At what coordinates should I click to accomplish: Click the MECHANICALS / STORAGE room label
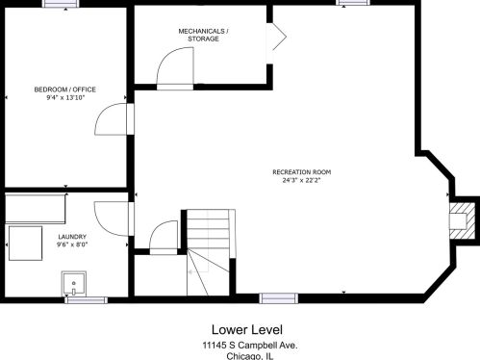pyautogui.click(x=203, y=35)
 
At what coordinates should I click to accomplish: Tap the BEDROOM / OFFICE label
pyautogui.click(x=65, y=90)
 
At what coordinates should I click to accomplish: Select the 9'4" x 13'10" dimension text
pyautogui.click(x=65, y=98)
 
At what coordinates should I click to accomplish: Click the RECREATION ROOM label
pyautogui.click(x=302, y=172)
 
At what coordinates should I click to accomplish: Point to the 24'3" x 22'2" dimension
pyautogui.click(x=301, y=180)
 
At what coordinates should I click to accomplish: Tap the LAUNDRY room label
pyautogui.click(x=72, y=237)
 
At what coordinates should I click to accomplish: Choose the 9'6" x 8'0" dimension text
pyautogui.click(x=72, y=244)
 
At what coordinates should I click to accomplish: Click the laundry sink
pyautogui.click(x=74, y=284)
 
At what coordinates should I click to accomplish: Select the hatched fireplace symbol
pyautogui.click(x=462, y=220)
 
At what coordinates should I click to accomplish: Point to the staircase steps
pyautogui.click(x=209, y=252)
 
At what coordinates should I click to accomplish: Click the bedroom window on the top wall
pyautogui.click(x=61, y=3)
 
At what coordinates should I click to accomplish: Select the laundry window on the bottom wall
pyautogui.click(x=86, y=300)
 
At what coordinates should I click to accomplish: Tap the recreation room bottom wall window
pyautogui.click(x=279, y=298)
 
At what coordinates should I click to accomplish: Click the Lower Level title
pyautogui.click(x=247, y=330)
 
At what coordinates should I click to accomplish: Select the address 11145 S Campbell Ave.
pyautogui.click(x=250, y=346)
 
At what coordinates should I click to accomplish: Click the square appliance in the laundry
pyautogui.click(x=26, y=244)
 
